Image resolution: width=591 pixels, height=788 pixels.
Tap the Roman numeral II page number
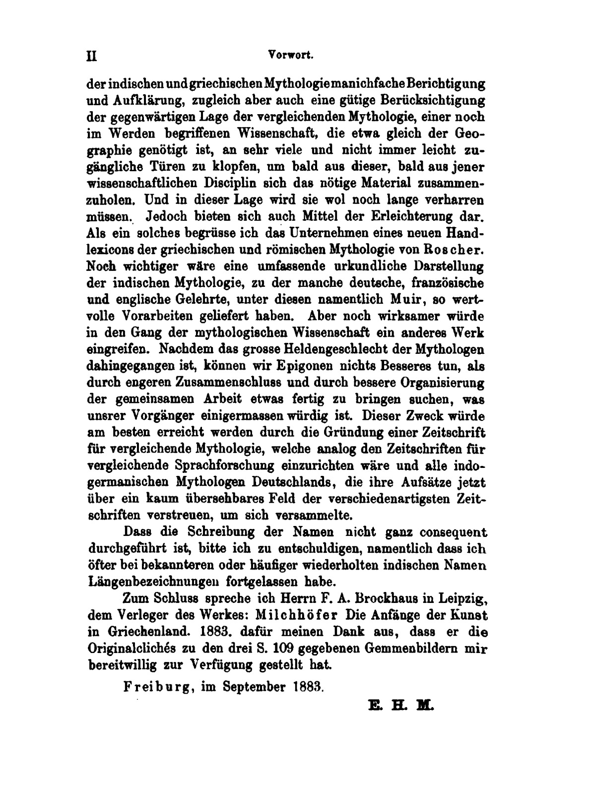click(91, 57)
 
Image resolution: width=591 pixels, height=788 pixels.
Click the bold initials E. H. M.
click(401, 705)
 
